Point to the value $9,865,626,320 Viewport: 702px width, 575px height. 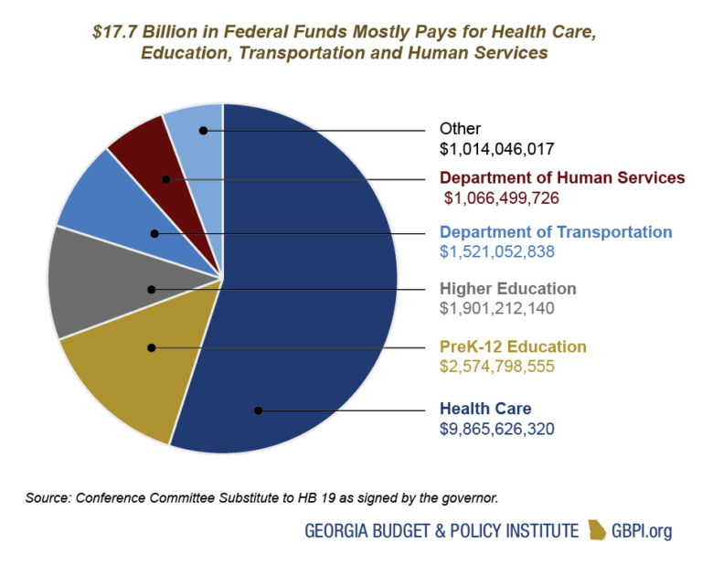pyautogui.click(x=497, y=428)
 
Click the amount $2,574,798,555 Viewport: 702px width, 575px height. pyautogui.click(x=497, y=366)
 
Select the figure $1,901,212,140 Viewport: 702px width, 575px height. pyautogui.click(x=497, y=308)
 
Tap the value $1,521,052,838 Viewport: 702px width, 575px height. pyautogui.click(x=497, y=250)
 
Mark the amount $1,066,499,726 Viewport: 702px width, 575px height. pyautogui.click(x=502, y=197)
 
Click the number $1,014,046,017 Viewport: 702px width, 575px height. pyautogui.click(x=497, y=147)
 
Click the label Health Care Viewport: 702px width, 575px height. pyautogui.click(x=485, y=409)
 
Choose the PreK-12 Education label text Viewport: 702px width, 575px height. pyautogui.click(x=513, y=346)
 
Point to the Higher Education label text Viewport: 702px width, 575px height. pyautogui.click(x=507, y=289)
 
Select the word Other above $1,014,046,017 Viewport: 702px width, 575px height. pyautogui.click(x=460, y=129)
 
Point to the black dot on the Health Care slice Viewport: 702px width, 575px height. pyautogui.click(x=259, y=410)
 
